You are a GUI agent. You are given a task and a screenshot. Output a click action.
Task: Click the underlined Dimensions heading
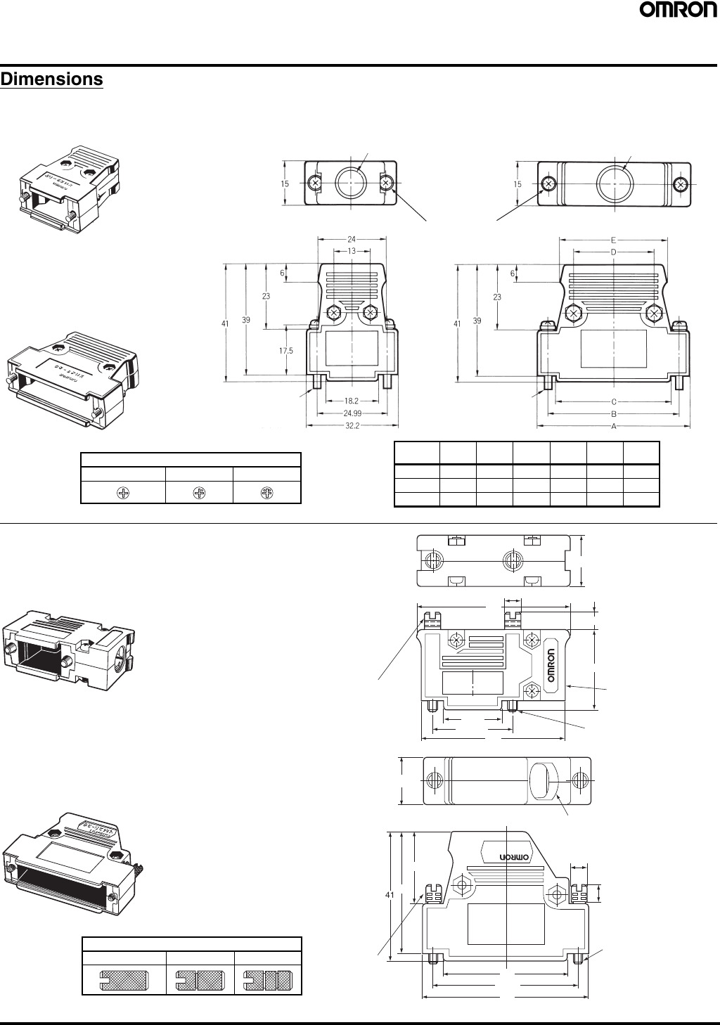(x=52, y=79)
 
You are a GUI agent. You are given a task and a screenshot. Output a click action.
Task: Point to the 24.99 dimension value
(x=352, y=413)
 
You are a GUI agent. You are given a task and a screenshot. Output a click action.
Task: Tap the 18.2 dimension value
(x=352, y=401)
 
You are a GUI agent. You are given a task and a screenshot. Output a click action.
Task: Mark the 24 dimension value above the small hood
(x=352, y=239)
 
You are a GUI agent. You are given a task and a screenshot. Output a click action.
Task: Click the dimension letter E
(x=613, y=240)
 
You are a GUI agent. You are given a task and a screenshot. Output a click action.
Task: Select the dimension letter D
(x=613, y=251)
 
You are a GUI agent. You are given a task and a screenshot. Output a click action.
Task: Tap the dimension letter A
(x=613, y=426)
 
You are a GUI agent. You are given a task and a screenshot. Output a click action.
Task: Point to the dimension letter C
(x=613, y=402)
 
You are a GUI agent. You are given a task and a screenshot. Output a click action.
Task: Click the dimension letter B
(x=613, y=414)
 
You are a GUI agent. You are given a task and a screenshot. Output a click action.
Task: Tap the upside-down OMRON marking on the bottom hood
(x=514, y=858)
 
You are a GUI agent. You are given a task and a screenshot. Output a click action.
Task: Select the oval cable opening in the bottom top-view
(x=543, y=781)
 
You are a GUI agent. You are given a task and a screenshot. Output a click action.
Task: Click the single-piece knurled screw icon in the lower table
(x=124, y=979)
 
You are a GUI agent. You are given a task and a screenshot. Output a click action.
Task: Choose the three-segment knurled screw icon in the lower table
(x=267, y=979)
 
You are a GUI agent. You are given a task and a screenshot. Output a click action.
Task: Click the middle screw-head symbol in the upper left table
(x=199, y=493)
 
